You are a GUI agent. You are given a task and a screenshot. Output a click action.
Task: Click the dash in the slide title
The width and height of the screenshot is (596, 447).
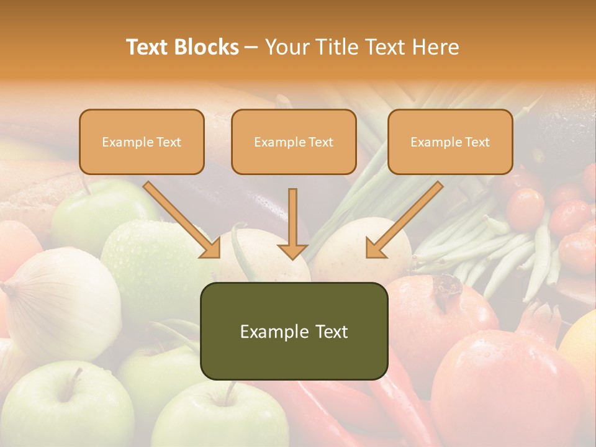[251, 48]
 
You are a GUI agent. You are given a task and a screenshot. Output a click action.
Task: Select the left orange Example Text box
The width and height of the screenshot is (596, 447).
[142, 142]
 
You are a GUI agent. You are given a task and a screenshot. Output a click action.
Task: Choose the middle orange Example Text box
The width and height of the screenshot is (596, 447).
[294, 142]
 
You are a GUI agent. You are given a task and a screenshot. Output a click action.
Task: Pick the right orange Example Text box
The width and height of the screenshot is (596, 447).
[450, 142]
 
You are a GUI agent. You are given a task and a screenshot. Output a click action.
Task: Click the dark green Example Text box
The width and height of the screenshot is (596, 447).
[294, 331]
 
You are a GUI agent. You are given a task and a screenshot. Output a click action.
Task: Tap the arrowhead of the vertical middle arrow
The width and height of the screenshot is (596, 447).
[292, 251]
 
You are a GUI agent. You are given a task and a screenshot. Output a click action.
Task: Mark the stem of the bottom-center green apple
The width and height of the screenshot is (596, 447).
[231, 391]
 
